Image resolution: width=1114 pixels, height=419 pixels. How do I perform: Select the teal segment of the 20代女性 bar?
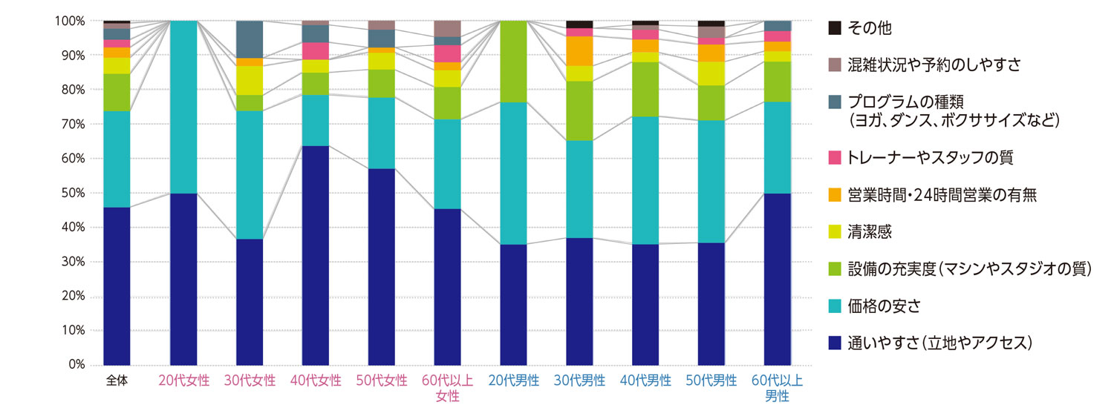[x=183, y=107]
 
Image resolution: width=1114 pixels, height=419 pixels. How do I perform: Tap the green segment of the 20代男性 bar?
[x=514, y=62]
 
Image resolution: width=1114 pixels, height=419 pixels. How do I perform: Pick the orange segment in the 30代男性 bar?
[x=579, y=50]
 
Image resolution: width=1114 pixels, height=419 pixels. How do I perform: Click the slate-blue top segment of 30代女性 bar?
[x=250, y=39]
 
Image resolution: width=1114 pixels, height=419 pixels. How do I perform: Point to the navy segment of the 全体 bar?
[x=117, y=286]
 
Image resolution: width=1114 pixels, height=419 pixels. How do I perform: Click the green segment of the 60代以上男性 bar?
[x=778, y=82]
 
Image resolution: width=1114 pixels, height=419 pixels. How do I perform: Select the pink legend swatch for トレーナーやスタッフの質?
[x=835, y=157]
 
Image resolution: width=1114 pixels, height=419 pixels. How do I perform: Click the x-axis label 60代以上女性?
[x=448, y=389]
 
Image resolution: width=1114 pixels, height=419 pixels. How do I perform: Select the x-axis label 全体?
[x=117, y=381]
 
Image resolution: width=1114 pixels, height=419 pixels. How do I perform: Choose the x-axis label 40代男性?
[x=645, y=381]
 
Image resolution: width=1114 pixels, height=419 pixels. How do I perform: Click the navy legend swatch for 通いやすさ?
[x=835, y=343]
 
